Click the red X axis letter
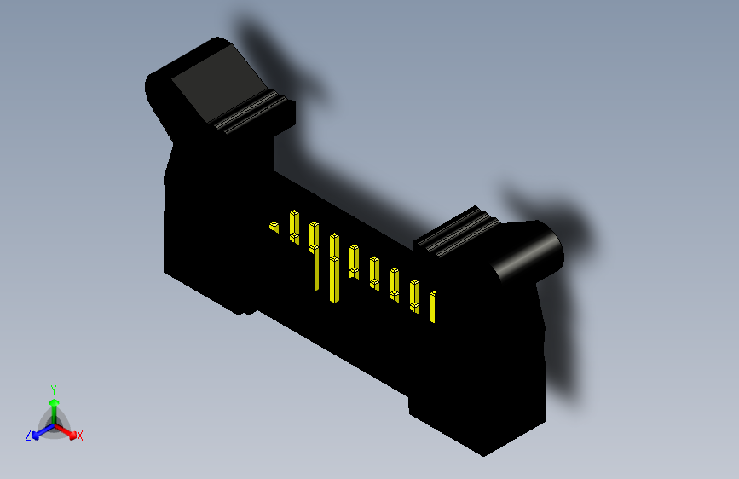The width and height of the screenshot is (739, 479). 79,436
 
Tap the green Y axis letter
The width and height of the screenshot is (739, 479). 54,389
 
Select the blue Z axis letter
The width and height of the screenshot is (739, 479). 28,435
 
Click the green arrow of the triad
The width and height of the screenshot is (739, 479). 54,405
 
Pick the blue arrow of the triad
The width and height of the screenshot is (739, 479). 40,431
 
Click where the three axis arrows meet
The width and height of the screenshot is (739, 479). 54,424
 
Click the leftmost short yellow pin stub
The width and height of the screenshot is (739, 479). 274,228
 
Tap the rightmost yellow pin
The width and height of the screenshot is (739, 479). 434,307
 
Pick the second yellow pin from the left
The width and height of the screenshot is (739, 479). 294,226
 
